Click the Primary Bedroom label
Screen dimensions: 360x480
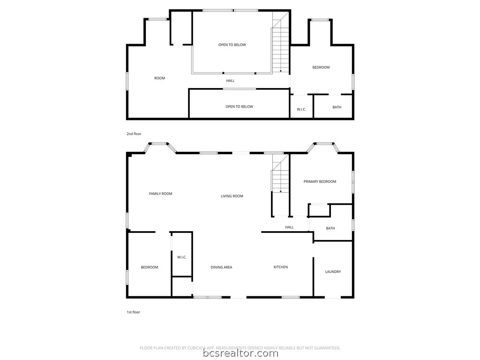(320, 181)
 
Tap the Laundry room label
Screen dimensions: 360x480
(333, 271)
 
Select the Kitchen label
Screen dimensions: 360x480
(281, 267)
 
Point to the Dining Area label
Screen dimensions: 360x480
(221, 267)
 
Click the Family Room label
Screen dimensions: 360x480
(160, 194)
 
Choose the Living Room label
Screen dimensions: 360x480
(232, 196)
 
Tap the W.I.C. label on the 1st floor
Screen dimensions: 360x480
(182, 257)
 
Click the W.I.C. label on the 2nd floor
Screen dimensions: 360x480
(301, 109)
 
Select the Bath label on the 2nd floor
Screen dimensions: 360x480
(337, 107)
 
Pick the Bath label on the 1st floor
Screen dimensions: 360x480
(330, 228)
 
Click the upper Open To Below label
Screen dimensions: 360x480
(232, 45)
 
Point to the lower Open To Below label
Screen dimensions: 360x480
(239, 106)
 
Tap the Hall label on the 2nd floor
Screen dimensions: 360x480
(230, 81)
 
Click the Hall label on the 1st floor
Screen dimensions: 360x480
(289, 227)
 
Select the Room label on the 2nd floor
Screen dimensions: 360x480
(160, 78)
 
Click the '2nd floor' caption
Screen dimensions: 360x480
(134, 134)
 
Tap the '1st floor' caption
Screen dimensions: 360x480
(133, 312)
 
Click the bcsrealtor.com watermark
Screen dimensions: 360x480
(240, 353)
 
